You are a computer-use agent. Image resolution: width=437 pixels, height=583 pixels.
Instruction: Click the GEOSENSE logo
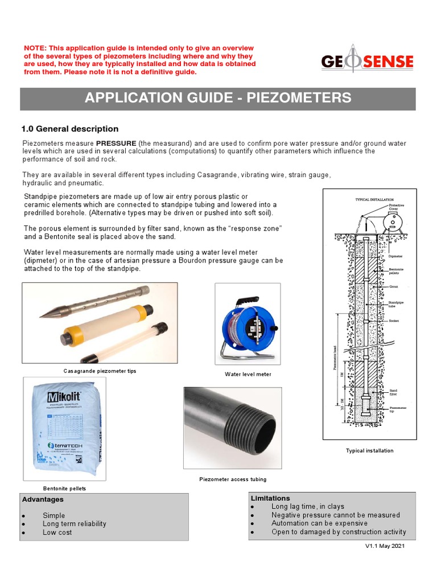[367, 61]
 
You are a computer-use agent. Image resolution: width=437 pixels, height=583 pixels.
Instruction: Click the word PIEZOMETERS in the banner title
[296, 98]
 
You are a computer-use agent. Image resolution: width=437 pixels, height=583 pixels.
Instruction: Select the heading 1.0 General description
[69, 129]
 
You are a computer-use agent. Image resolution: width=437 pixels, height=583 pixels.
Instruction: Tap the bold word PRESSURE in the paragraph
[116, 143]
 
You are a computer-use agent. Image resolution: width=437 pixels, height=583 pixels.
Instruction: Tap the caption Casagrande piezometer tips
[100, 371]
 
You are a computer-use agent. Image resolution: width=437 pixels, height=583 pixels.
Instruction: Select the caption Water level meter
[248, 374]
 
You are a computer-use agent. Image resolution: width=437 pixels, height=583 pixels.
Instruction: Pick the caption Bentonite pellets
[64, 488]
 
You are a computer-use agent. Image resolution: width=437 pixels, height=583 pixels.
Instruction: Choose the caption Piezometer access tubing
[233, 479]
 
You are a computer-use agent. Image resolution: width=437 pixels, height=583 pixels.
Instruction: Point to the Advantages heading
[43, 499]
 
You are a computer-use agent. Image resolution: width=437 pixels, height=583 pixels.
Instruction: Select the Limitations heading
[270, 498]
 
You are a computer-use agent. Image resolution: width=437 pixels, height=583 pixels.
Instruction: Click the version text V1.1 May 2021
[385, 546]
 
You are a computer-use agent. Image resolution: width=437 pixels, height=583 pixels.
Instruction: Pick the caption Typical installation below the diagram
[369, 450]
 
